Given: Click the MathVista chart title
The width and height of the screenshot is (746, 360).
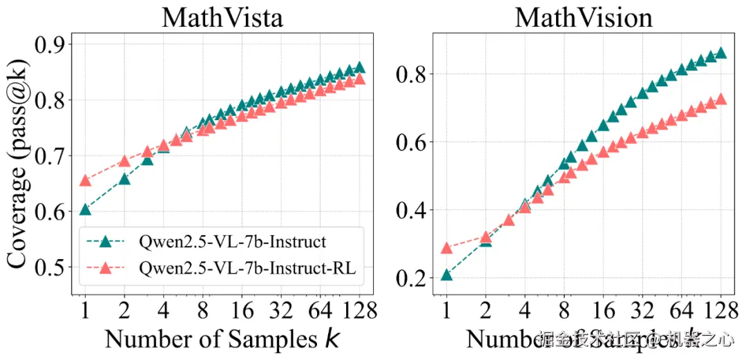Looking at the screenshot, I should click(x=222, y=17).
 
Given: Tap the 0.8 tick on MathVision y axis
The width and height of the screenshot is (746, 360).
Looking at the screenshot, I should click(x=410, y=74).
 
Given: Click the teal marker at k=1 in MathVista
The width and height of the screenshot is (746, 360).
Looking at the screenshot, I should click(x=86, y=210).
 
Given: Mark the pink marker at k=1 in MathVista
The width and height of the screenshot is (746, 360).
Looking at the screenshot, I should click(x=86, y=180).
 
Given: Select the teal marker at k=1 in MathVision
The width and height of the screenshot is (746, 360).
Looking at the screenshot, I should click(x=446, y=275).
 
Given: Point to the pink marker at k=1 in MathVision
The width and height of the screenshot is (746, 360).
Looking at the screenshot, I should click(x=446, y=247).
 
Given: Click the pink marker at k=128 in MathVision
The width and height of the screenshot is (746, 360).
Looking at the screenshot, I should click(x=720, y=99).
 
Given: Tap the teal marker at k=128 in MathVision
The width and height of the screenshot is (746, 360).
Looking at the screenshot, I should click(x=720, y=53).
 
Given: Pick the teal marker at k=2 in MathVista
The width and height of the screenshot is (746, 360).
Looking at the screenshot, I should click(x=125, y=179).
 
